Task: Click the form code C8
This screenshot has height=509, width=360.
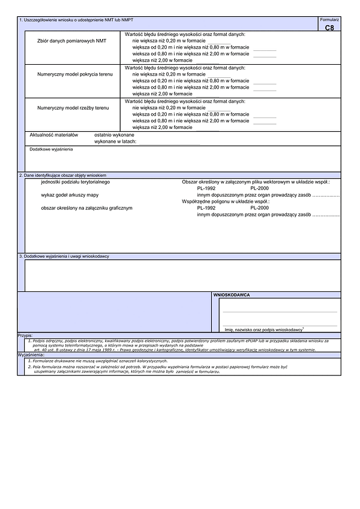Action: click(x=330, y=28)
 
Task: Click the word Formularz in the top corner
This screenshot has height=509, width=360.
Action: click(x=330, y=20)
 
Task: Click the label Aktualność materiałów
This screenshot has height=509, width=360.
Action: click(x=54, y=135)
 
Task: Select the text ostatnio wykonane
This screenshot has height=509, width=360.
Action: click(x=114, y=135)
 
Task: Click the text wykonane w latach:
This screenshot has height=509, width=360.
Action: click(x=116, y=141)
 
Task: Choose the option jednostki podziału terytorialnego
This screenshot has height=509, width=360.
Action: click(x=75, y=181)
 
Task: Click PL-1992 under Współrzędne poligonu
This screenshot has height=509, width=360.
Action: click(x=206, y=208)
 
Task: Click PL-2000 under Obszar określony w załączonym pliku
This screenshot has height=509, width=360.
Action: click(x=259, y=188)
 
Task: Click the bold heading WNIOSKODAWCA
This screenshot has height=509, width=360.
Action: click(x=232, y=295)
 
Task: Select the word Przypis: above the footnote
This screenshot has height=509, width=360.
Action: click(x=25, y=336)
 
